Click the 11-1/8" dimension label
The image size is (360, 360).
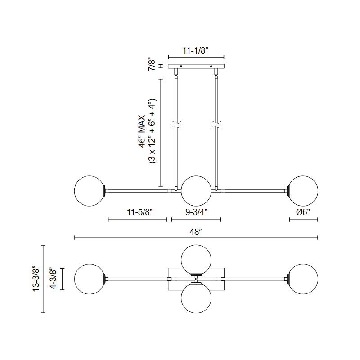pyautogui.click(x=195, y=50)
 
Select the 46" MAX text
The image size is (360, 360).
pyautogui.click(x=142, y=131)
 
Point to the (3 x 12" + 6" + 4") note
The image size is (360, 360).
pyautogui.click(x=152, y=131)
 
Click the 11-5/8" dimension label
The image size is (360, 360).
pyautogui.click(x=139, y=212)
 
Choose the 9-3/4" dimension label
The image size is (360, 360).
pyautogui.click(x=196, y=212)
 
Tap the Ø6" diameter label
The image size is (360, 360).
pyautogui.click(x=303, y=212)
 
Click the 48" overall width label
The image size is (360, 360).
pyautogui.click(x=196, y=232)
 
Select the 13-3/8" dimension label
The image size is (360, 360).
pyautogui.click(x=36, y=279)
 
